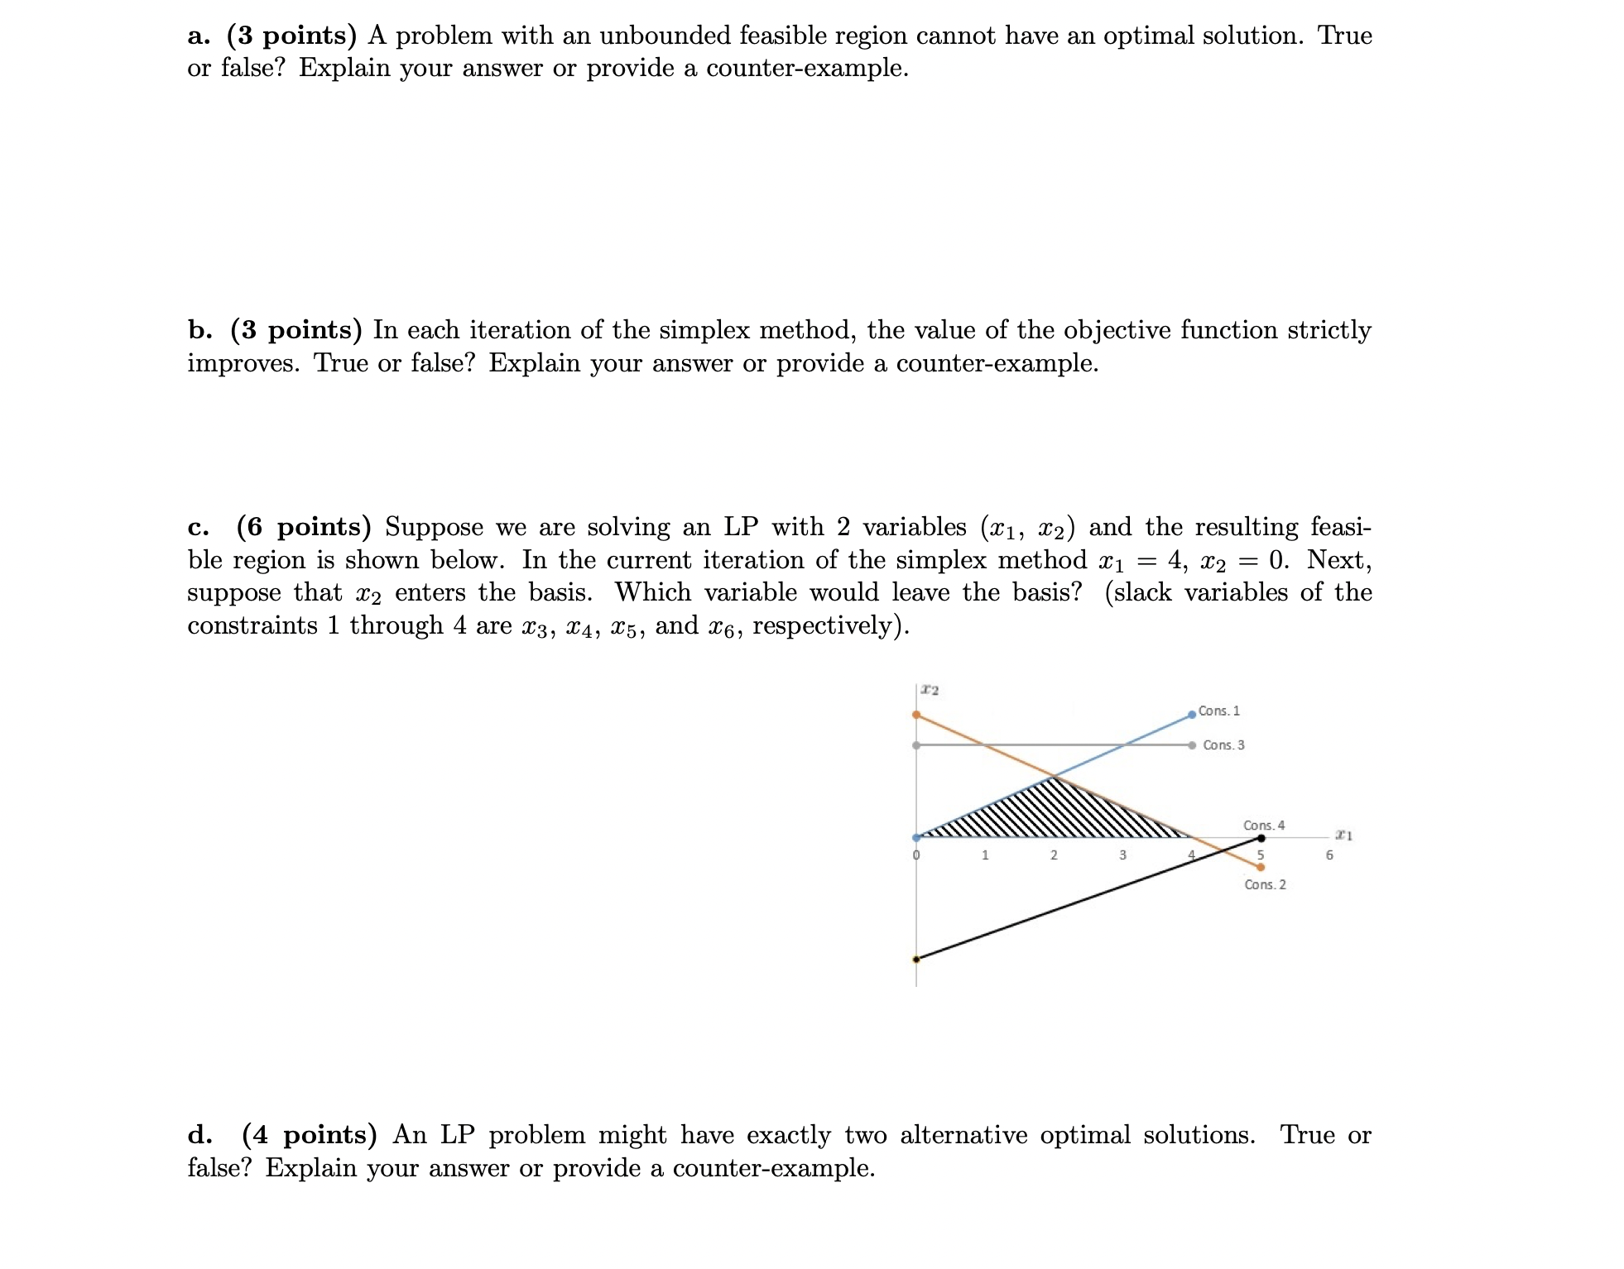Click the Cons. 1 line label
[1218, 711]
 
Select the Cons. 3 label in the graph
[1223, 745]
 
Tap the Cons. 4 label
[1263, 826]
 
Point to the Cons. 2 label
[1265, 884]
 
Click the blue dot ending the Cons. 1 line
[1192, 715]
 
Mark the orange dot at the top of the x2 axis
[916, 715]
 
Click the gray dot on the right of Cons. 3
[1192, 745]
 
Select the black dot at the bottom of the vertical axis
[915, 960]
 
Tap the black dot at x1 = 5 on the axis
[1261, 838]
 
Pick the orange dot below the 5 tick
[1261, 868]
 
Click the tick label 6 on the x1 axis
[1329, 855]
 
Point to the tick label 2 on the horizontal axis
[1054, 855]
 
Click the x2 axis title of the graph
[930, 690]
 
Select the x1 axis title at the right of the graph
[1343, 836]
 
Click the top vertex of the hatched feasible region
[1053, 776]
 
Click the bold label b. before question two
[199, 330]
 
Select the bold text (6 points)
[303, 527]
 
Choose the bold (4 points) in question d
[309, 1135]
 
